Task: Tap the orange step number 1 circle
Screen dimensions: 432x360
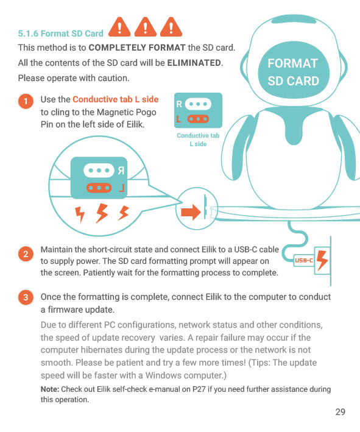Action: point(26,101)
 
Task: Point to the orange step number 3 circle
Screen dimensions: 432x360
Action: point(26,298)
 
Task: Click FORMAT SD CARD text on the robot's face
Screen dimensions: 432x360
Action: point(293,72)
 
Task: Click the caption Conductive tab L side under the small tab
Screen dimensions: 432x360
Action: point(197,140)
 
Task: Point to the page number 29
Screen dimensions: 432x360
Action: point(340,412)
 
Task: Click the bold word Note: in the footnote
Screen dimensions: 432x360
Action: point(50,389)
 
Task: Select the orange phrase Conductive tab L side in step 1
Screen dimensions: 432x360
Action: point(115,99)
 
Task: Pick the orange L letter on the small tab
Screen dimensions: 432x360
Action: point(178,119)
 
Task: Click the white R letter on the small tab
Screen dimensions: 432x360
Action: point(178,104)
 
